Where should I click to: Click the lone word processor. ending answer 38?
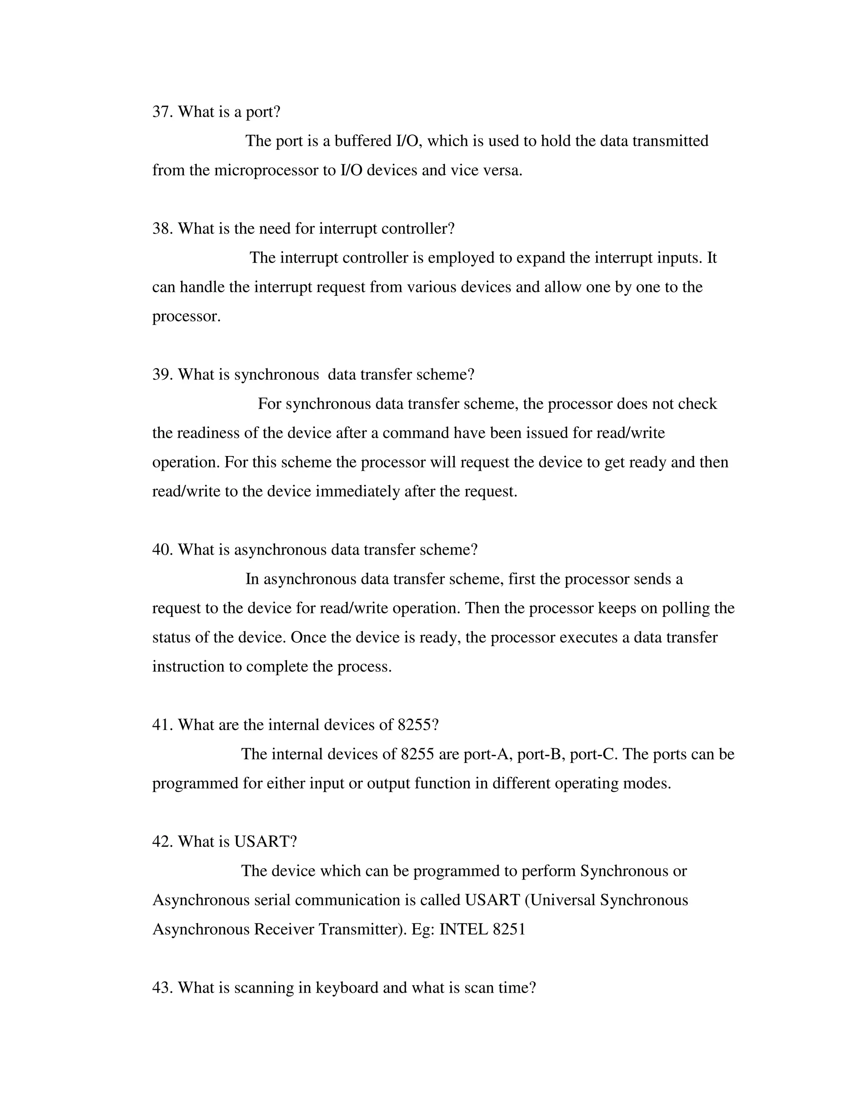[x=186, y=316]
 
